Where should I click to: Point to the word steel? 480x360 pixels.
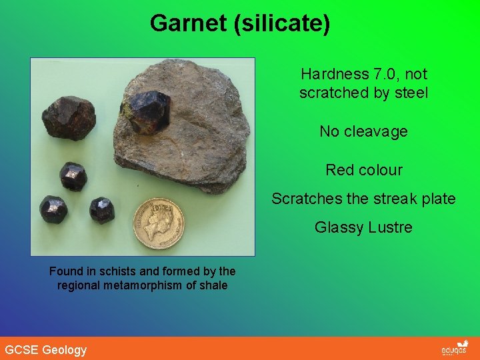410,93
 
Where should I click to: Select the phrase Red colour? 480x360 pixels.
364,170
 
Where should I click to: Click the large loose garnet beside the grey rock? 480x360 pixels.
69,118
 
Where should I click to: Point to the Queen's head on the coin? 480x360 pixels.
165,218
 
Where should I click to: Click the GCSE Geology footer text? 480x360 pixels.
46,350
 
